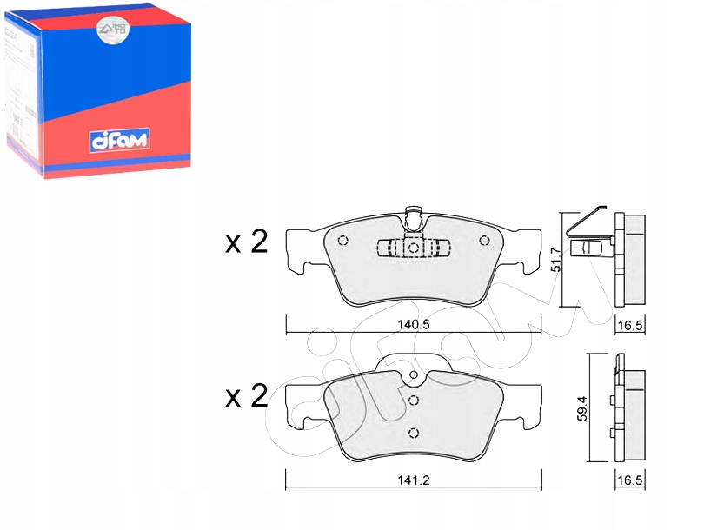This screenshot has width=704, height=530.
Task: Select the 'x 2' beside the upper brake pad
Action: point(246,242)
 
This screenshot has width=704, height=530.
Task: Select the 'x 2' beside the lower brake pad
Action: point(246,397)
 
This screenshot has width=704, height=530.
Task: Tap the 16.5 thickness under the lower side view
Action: point(631,480)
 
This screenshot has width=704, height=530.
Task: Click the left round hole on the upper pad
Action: point(342,242)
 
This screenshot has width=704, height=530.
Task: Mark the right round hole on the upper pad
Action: point(485,242)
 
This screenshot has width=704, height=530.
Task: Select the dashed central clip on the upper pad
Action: point(414,248)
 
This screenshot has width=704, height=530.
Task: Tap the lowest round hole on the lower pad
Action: point(414,434)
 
